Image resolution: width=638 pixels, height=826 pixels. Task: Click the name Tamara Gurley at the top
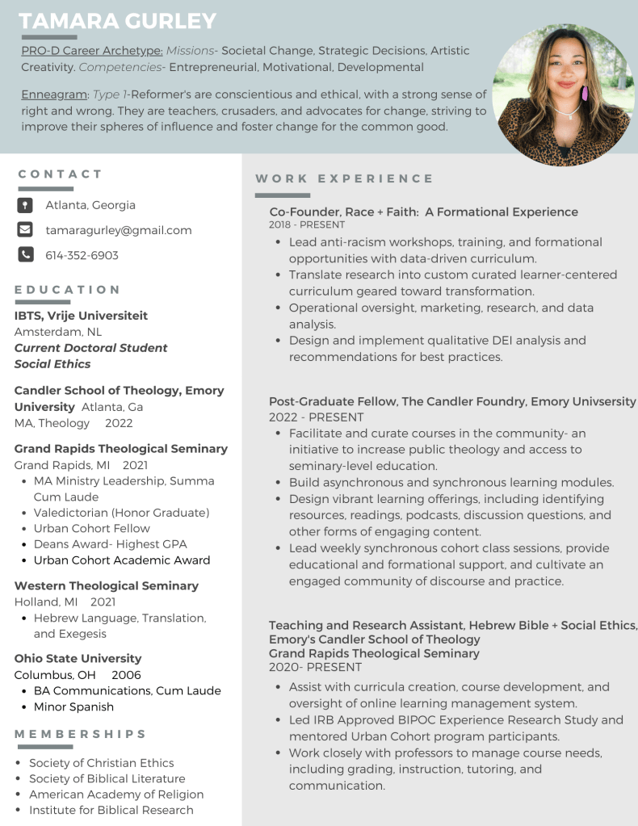click(x=118, y=21)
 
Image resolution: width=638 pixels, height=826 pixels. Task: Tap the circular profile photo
click(x=563, y=95)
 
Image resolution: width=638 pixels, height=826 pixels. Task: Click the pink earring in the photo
click(x=584, y=93)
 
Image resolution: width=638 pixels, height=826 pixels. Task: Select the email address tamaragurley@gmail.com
click(x=118, y=230)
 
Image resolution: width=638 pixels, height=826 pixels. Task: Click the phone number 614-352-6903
click(x=82, y=255)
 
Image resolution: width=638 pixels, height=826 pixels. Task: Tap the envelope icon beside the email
click(x=25, y=229)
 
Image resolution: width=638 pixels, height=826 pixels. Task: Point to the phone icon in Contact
click(x=25, y=254)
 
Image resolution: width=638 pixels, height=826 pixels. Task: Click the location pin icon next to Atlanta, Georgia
click(x=25, y=205)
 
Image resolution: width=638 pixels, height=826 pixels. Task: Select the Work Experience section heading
click(x=344, y=178)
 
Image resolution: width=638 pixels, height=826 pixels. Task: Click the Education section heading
click(x=67, y=290)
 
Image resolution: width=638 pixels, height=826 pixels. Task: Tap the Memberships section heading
click(x=80, y=734)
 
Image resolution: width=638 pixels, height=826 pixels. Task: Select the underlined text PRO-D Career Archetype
click(x=91, y=51)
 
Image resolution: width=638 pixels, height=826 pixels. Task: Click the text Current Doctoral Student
click(x=90, y=348)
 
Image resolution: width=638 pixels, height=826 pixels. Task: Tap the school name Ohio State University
click(x=78, y=658)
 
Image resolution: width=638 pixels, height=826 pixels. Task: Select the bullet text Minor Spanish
click(x=73, y=707)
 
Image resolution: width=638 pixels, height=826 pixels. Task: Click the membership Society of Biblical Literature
click(x=107, y=778)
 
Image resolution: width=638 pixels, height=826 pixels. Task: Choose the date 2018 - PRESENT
click(x=307, y=225)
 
